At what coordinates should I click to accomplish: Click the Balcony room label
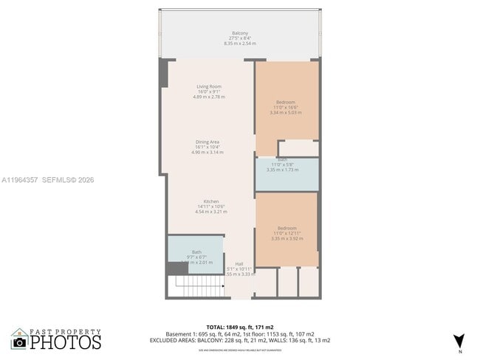click(x=240, y=33)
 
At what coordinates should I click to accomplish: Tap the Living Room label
click(x=209, y=86)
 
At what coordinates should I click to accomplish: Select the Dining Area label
click(x=209, y=142)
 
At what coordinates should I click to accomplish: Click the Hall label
click(x=239, y=263)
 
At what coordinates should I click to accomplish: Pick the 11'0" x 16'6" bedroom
click(x=287, y=102)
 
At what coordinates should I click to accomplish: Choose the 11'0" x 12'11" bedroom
click(x=287, y=228)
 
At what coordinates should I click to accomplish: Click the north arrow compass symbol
click(x=459, y=340)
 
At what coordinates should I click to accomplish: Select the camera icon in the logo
click(x=20, y=342)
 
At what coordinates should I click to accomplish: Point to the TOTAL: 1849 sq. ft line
click(x=240, y=326)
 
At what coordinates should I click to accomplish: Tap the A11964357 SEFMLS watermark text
click(x=48, y=179)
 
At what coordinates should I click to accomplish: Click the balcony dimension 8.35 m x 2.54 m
click(x=240, y=44)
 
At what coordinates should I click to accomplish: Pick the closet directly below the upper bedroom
click(x=298, y=148)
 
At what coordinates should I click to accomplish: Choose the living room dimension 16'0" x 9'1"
click(x=209, y=91)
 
